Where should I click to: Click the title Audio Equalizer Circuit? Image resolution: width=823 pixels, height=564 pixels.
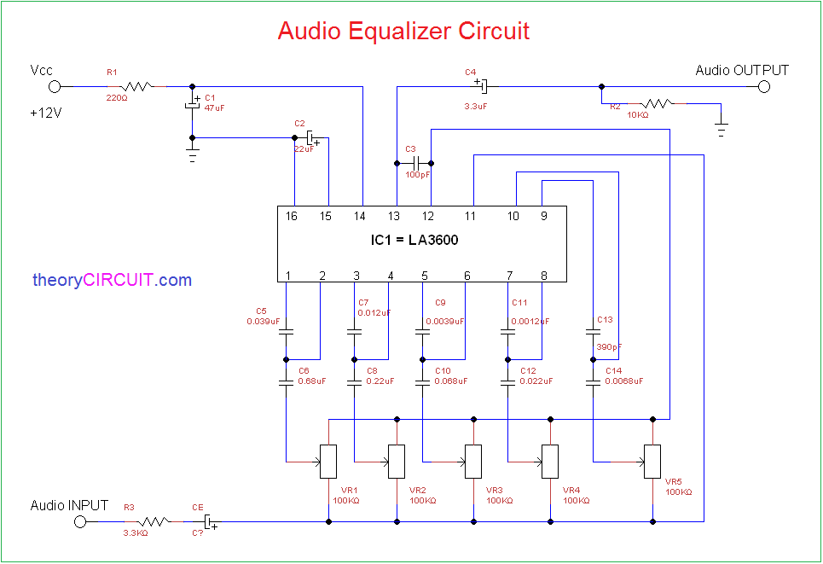pos(403,31)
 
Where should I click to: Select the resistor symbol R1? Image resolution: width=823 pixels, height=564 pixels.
pos(136,86)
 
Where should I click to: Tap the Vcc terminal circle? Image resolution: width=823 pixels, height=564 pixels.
pos(55,86)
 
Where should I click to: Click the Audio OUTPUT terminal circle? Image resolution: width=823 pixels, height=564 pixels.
pos(764,86)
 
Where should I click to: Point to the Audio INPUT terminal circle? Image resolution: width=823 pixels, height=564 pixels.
pos(80,521)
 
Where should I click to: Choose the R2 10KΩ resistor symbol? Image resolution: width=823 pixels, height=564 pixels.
pos(658,104)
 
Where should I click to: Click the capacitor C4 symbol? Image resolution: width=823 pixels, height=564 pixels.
pos(482,86)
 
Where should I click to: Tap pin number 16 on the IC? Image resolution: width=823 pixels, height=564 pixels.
pos(292,217)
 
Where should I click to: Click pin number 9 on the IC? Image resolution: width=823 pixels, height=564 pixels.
pos(543,217)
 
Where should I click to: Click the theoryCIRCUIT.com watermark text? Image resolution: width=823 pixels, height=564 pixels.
pos(112,280)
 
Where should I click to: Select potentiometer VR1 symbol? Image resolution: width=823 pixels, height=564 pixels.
pos(328,462)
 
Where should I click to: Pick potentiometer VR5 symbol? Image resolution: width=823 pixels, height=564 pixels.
pos(652,462)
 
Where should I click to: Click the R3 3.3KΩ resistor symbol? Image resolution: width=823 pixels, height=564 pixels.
pos(155,521)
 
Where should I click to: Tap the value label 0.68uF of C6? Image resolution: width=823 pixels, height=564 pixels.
pos(311,381)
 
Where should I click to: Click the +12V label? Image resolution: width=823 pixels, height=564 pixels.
pos(45,113)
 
